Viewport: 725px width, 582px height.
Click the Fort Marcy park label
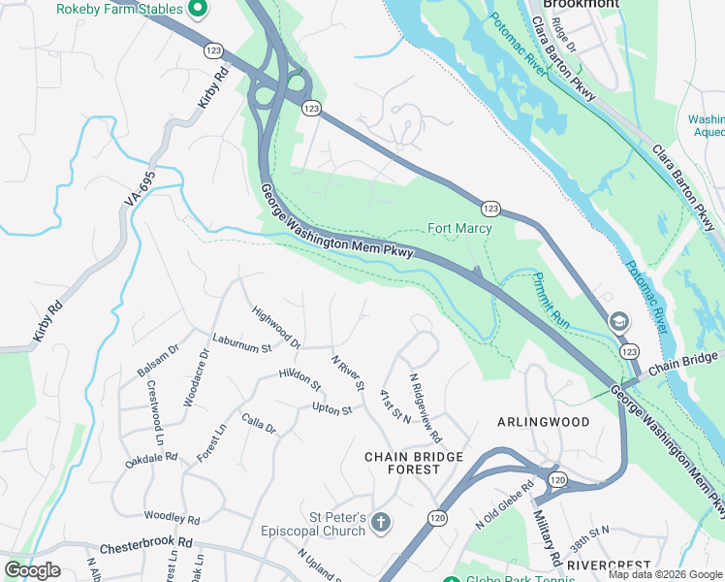tap(459, 229)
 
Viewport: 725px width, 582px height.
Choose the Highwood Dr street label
tap(276, 328)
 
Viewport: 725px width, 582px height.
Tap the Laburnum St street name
tap(242, 346)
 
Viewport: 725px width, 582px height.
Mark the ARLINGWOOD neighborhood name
tap(543, 422)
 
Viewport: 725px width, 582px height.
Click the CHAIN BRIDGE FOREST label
tap(402, 463)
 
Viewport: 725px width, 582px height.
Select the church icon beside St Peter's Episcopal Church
tap(382, 524)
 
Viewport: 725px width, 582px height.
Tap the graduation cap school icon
tap(617, 321)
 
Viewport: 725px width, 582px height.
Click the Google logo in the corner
tap(32, 569)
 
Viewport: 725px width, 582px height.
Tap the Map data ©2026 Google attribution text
tap(666, 574)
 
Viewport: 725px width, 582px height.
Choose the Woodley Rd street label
tap(172, 518)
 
